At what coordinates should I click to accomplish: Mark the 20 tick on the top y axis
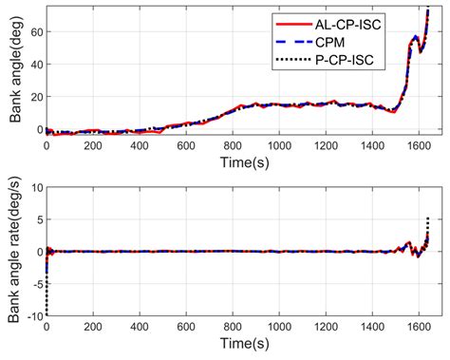[x=36, y=96]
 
